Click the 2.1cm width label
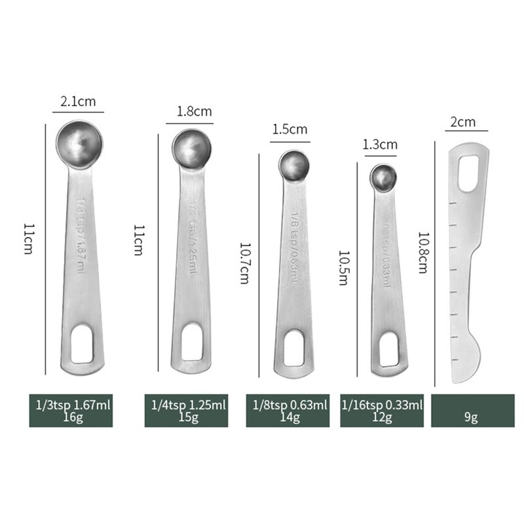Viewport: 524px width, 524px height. [x=77, y=102]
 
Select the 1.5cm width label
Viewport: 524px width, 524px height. [x=289, y=129]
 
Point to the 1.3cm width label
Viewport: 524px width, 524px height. [x=381, y=143]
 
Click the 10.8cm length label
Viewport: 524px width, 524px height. [x=424, y=252]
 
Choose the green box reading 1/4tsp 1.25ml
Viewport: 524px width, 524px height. [x=186, y=410]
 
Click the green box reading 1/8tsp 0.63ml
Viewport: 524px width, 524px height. [x=289, y=410]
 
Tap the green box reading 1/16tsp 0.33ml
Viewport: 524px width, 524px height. [x=382, y=410]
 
